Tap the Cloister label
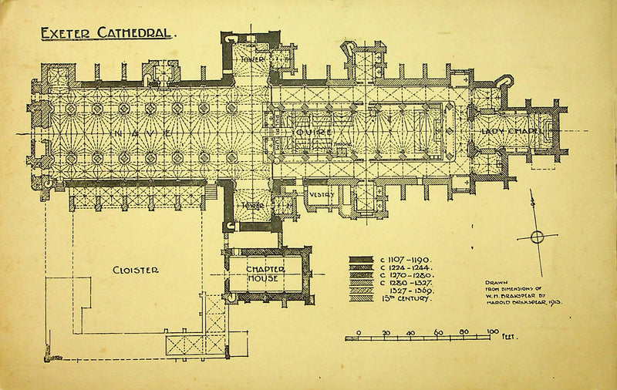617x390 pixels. (x=136, y=270)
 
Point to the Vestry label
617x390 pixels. (x=321, y=195)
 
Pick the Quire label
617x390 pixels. (x=314, y=133)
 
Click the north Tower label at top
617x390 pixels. (x=251, y=59)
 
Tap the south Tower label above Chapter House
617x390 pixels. (x=251, y=206)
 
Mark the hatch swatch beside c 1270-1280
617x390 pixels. (x=359, y=275)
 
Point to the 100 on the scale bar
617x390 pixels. (x=492, y=332)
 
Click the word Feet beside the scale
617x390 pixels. (x=509, y=337)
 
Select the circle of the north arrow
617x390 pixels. (x=538, y=236)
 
